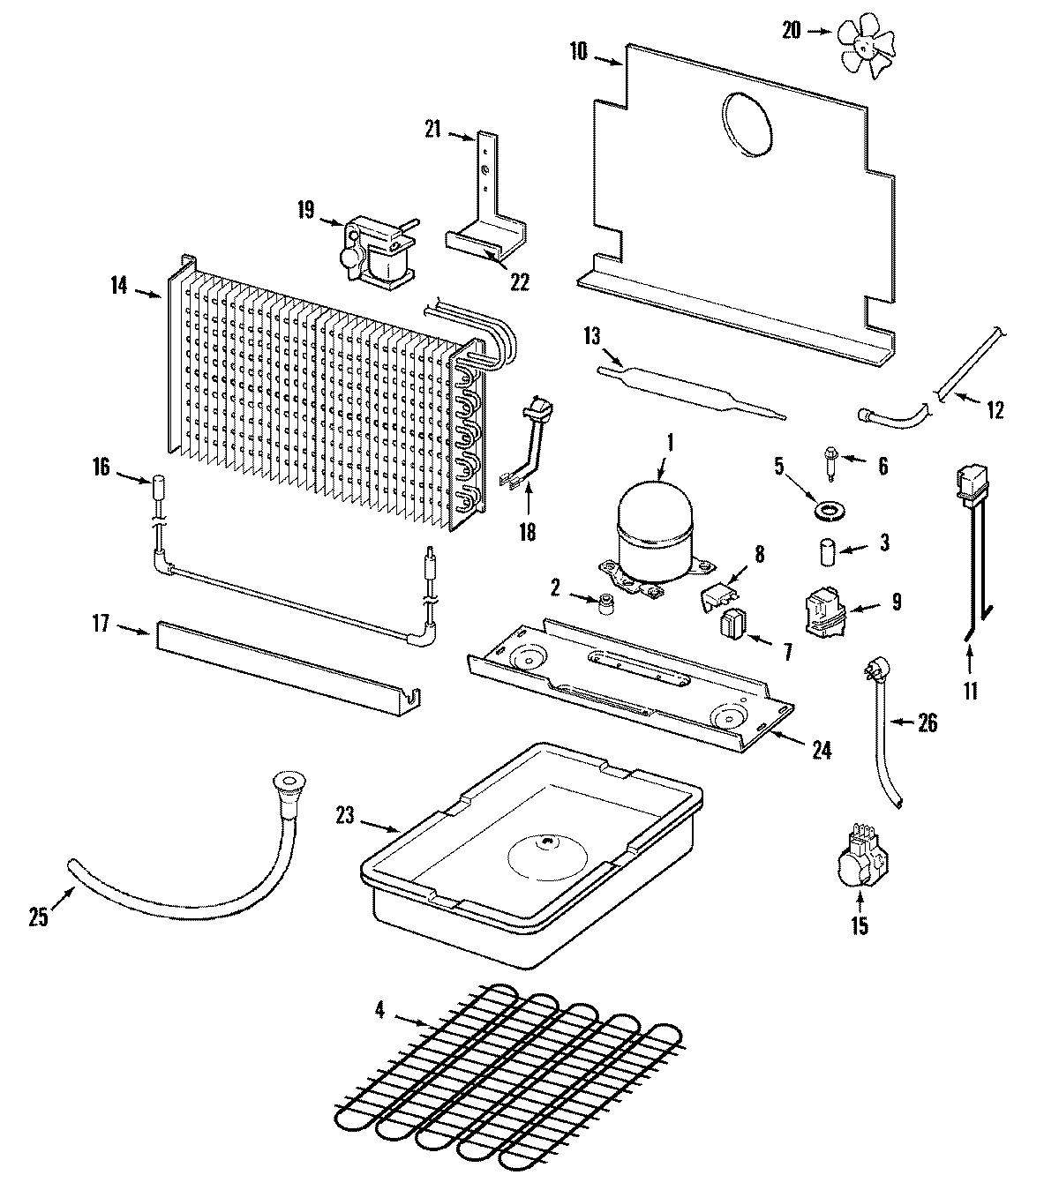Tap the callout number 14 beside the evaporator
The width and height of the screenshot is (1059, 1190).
120,285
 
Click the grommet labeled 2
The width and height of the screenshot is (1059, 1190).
605,605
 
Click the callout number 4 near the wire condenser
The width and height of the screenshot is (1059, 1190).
379,1010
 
